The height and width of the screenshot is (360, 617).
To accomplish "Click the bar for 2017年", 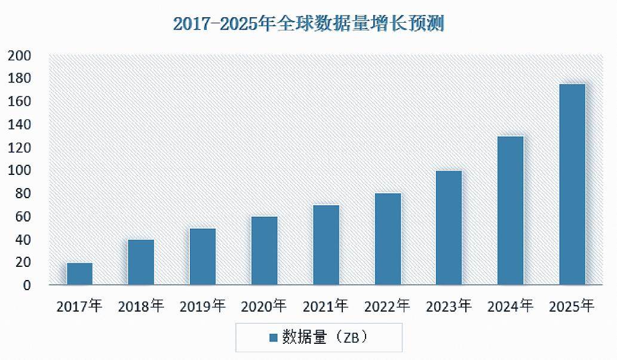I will pos(79,273).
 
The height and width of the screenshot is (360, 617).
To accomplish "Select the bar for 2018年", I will pos(141,262).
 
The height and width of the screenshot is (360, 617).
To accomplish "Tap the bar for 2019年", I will pos(202,256).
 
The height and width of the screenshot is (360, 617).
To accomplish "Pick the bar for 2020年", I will pos(264,250).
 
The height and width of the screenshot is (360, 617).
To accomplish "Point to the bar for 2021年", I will pos(326,245).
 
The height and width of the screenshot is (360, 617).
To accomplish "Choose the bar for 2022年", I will pos(388,239).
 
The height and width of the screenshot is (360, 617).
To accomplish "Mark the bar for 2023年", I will pos(449,227).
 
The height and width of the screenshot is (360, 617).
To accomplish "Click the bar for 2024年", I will pos(511,210).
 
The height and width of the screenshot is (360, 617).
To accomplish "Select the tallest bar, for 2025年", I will pos(572,184).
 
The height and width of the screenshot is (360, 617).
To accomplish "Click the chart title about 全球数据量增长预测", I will pos(308,24).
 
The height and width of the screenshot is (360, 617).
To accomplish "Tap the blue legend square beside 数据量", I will pos(273,338).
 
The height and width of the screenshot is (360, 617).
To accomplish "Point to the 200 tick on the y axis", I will pos(19,56).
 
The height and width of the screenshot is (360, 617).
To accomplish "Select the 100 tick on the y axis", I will pos(19,170).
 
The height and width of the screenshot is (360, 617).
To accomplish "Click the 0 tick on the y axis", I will pos(26,285).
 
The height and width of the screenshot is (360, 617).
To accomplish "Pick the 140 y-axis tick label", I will pos(19,124).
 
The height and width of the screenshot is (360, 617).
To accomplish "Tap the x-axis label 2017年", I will pos(79,307).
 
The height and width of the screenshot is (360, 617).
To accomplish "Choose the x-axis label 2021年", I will pos(326,307).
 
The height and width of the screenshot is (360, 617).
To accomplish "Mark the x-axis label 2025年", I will pos(572,307).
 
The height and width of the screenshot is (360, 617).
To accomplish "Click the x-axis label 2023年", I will pos(449,307).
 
